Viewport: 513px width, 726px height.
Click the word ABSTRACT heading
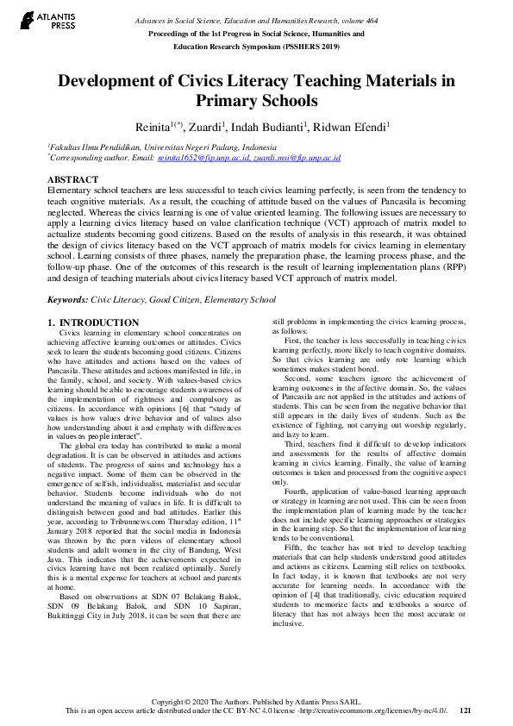pos(72,179)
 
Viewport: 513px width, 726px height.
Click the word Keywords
pos(66,299)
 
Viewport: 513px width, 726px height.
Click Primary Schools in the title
pos(256,101)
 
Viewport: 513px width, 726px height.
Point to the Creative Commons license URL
pos(372,710)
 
